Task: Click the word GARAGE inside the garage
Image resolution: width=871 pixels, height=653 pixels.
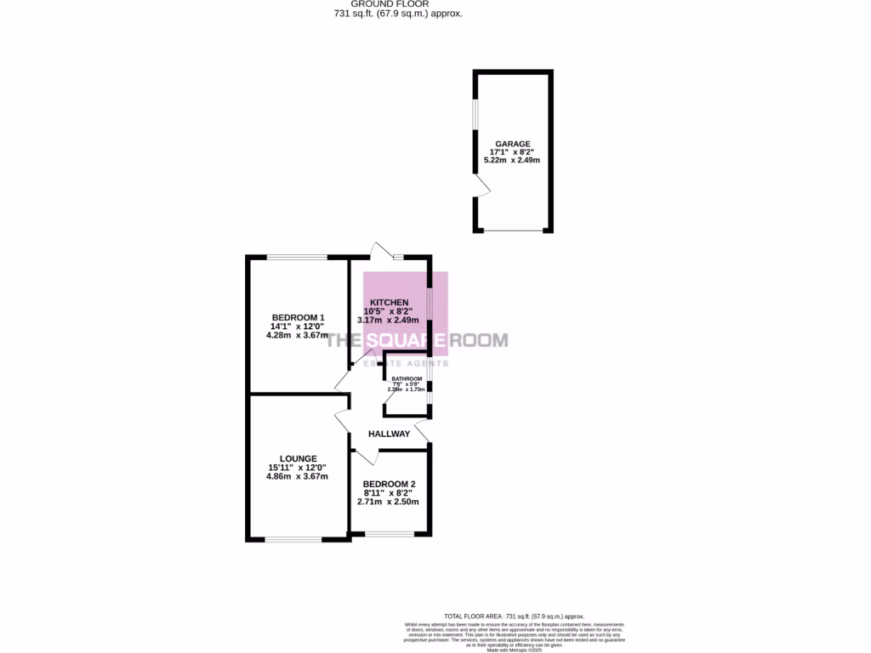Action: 513,144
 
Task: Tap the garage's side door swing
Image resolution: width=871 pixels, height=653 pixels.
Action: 481,188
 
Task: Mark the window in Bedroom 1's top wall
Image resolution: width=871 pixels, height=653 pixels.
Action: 298,256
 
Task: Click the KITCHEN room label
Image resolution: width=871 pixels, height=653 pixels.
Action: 389,303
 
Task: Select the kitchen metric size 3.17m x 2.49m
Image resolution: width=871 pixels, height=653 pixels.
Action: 389,321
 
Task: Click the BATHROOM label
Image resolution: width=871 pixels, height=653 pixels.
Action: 407,378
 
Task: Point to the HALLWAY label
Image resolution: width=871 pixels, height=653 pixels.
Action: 389,434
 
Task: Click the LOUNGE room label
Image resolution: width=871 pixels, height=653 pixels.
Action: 297,458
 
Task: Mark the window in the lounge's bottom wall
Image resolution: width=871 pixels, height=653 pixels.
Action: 293,538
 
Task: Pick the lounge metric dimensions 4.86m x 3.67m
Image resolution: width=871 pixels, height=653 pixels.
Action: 297,476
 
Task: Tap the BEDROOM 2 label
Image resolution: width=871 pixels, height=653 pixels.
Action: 389,483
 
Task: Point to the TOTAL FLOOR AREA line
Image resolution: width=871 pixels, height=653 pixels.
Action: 515,616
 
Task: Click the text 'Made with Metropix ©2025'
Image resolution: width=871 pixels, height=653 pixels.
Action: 515,650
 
